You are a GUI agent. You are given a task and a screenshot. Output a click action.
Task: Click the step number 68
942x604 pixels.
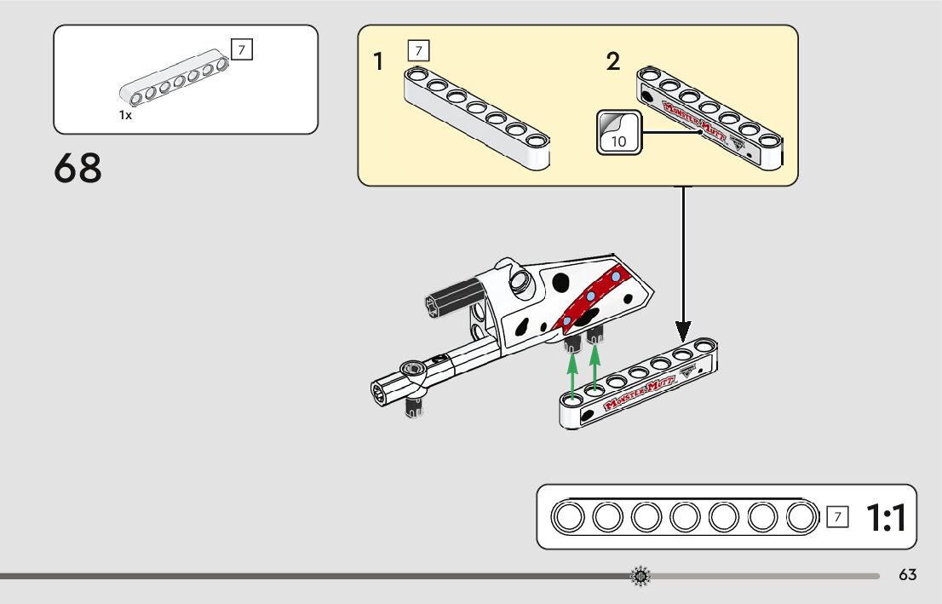pyautogui.click(x=78, y=168)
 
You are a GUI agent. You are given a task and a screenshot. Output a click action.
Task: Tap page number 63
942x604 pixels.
pyautogui.click(x=907, y=575)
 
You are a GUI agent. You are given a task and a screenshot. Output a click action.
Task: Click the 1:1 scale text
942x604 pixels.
pyautogui.click(x=886, y=517)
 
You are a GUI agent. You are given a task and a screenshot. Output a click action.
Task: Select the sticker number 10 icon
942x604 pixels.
pyautogui.click(x=618, y=132)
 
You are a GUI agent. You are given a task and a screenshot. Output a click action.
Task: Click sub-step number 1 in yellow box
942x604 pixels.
pyautogui.click(x=378, y=61)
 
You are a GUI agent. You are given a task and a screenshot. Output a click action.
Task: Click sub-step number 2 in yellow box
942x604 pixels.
pyautogui.click(x=613, y=61)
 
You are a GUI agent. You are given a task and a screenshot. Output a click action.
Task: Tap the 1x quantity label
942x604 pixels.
pyautogui.click(x=125, y=115)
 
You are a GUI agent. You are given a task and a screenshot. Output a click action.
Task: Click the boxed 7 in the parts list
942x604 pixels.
pyautogui.click(x=242, y=50)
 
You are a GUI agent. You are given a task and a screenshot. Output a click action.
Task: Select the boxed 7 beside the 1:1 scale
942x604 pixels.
pyautogui.click(x=838, y=516)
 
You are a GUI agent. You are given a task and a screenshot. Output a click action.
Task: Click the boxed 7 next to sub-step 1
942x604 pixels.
pyautogui.click(x=418, y=50)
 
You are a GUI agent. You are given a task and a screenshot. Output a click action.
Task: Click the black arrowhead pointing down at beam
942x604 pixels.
pyautogui.click(x=683, y=329)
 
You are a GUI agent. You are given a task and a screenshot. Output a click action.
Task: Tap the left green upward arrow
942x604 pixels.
pyautogui.click(x=573, y=373)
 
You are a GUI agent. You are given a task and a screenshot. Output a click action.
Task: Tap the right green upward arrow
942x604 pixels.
pyautogui.click(x=594, y=367)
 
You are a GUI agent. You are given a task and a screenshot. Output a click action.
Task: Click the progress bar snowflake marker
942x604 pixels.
pyautogui.click(x=640, y=577)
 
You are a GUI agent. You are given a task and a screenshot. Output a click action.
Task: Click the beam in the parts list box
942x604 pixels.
pyautogui.click(x=175, y=83)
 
